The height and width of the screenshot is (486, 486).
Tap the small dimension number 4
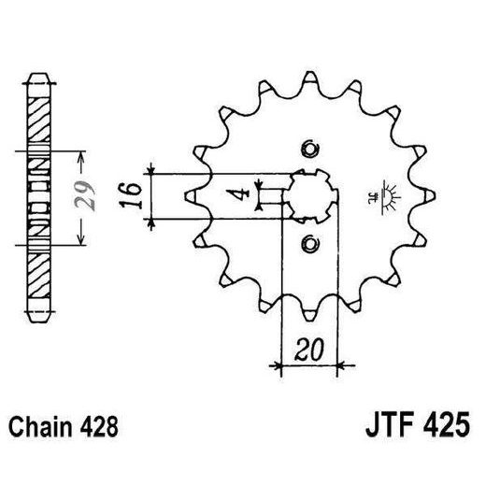click(242, 195)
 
